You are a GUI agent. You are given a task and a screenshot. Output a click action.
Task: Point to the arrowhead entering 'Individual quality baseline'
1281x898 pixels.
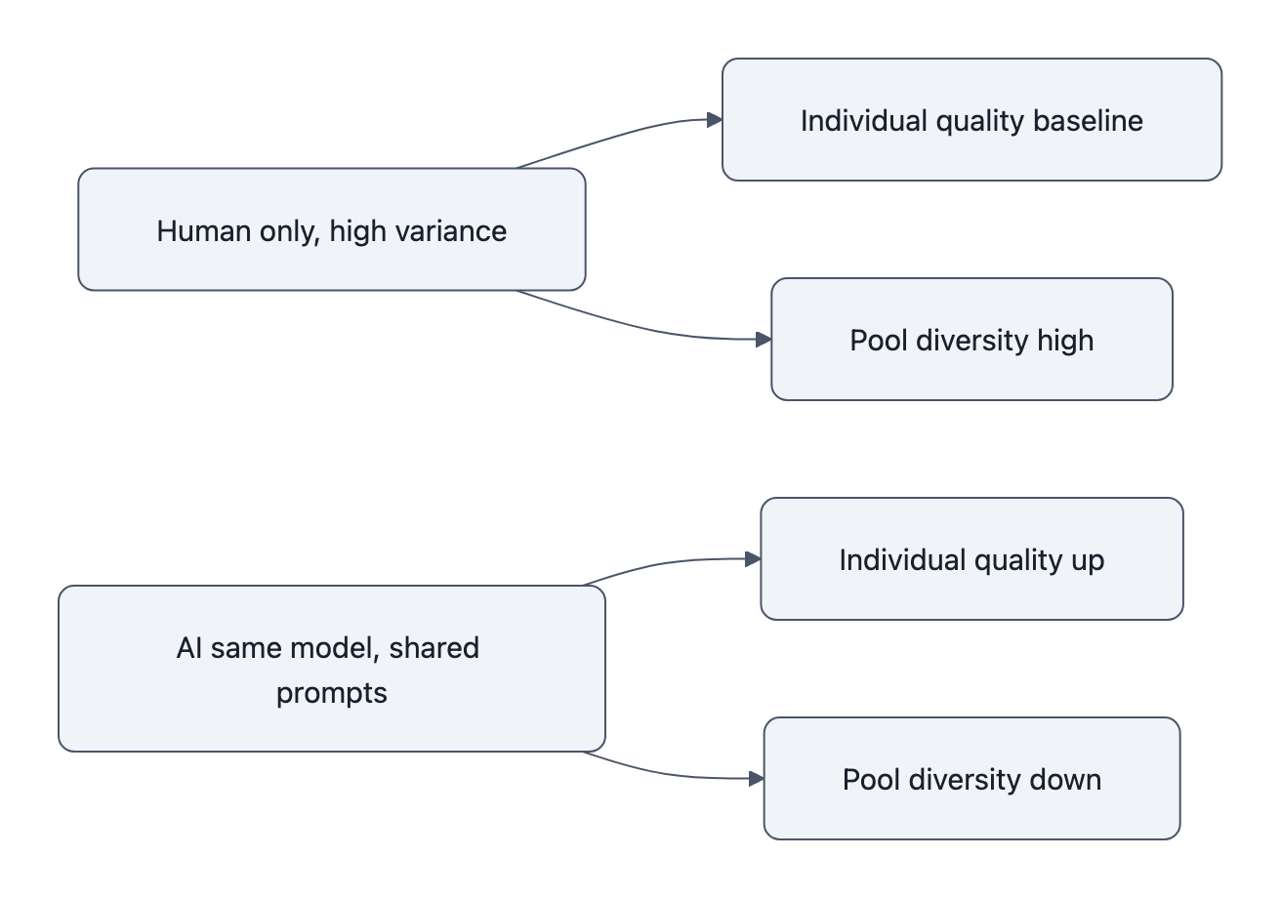pos(715,119)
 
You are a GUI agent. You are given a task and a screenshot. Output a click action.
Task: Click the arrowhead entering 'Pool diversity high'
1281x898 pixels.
pos(764,339)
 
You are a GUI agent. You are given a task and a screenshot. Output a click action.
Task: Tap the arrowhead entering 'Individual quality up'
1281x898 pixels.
pos(753,559)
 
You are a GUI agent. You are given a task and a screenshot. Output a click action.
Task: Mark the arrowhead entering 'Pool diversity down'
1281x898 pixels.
pos(756,778)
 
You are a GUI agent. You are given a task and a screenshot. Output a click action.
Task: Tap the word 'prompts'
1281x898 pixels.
pos(332,693)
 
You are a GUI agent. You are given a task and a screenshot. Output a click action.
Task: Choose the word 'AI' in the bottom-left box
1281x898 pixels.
pos(187,648)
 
